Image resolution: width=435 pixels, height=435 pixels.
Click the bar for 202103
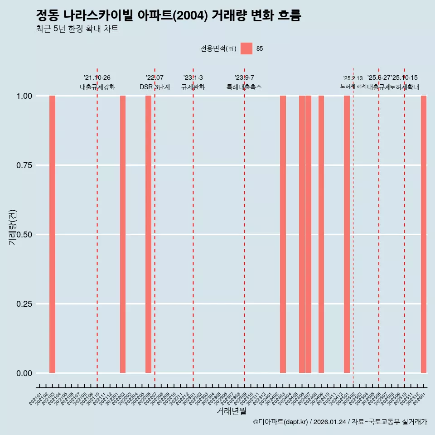tap(52, 234)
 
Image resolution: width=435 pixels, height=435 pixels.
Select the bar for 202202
tap(123, 234)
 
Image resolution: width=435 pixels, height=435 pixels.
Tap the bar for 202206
tap(148, 234)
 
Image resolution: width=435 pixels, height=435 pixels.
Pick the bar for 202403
tap(283, 234)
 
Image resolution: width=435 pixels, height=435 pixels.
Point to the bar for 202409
tap(321, 234)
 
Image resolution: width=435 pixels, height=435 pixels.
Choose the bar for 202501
tap(347, 234)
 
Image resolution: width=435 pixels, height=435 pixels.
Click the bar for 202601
tap(424, 234)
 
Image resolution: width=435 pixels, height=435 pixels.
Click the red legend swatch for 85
tap(246, 48)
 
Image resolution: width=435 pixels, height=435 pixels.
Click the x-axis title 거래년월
tap(231, 411)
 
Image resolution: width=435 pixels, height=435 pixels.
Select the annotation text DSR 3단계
tap(155, 87)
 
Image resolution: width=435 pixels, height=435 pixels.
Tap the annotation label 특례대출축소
tap(244, 87)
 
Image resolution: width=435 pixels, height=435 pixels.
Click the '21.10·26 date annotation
tap(97, 78)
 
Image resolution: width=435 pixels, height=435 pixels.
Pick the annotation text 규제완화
tap(193, 87)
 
